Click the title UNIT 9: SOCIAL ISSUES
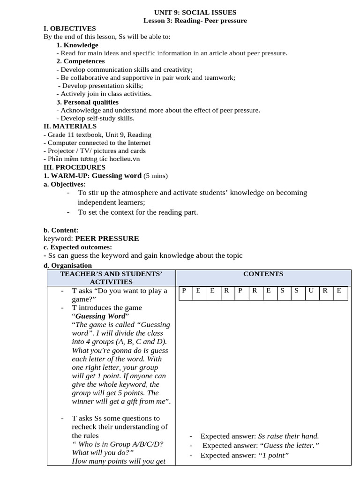coord(195,13)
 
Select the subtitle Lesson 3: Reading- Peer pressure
coord(195,21)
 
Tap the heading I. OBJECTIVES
coord(69,29)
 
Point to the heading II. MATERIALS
coord(70,126)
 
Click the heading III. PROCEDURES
coord(74,167)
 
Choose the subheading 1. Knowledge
coord(77,45)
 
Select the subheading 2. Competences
coord(81,61)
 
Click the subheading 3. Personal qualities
coord(87,102)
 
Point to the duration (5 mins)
coord(156,176)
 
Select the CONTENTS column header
coord(263,274)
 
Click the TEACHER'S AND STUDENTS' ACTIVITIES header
coord(111,277)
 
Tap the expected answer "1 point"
coord(274,455)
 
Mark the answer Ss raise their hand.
coord(289,436)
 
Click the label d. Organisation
coord(67,265)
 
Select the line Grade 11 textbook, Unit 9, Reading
coord(98,135)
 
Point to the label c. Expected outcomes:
coord(77,247)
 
